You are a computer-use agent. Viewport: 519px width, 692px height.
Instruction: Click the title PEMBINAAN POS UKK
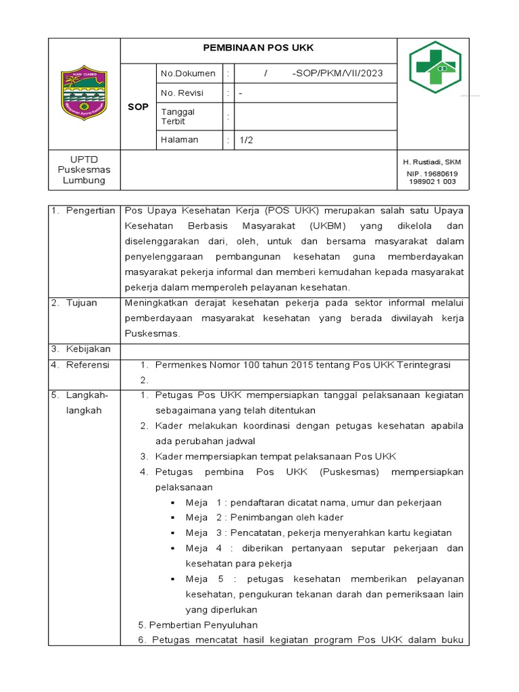259,48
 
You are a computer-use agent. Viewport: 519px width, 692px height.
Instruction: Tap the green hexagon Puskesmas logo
435,66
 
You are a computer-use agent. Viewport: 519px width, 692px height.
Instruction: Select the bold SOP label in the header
138,107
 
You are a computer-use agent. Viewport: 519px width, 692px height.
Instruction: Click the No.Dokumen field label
188,73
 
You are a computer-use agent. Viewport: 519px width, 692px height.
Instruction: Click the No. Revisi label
182,93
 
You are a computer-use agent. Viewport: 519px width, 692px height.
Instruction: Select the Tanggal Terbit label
178,116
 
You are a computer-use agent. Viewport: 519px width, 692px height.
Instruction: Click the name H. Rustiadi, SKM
432,162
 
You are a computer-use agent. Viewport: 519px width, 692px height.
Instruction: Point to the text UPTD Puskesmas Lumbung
84,170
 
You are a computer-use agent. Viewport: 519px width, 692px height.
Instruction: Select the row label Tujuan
82,303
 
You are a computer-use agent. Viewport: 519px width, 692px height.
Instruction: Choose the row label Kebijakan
88,349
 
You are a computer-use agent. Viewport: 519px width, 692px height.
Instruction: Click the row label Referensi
88,365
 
